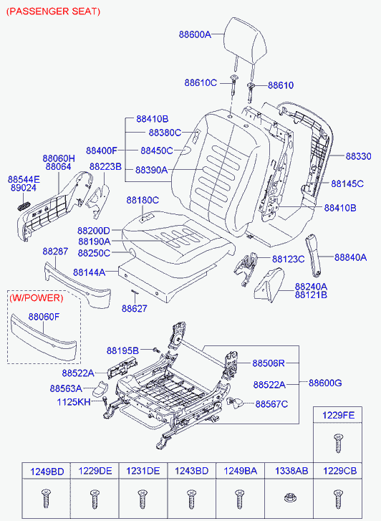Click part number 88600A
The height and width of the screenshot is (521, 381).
pos(195,34)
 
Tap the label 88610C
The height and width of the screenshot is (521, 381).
pos(201,82)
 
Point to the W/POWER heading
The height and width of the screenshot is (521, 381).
pos(36,297)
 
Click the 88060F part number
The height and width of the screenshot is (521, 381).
pos(44,317)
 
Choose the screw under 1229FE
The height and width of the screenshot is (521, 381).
pos(338,443)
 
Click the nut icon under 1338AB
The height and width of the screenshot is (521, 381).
pos(290,498)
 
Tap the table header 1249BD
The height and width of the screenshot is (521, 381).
pos(47,472)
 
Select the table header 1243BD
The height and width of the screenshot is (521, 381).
pos(192,471)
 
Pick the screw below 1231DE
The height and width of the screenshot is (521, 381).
pos(143,499)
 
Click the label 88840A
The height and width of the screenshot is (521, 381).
pos(350,257)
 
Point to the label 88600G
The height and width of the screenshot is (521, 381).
pos(325,383)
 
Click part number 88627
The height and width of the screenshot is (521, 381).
pos(134,308)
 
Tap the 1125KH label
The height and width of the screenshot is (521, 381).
pos(74,402)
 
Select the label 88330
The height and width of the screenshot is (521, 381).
pos(358,156)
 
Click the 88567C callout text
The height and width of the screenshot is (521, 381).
pos(271,404)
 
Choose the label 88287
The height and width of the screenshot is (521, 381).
pos(55,252)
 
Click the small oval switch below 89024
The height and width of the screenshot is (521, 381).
pos(24,206)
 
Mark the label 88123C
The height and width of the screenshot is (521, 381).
pos(289,259)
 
